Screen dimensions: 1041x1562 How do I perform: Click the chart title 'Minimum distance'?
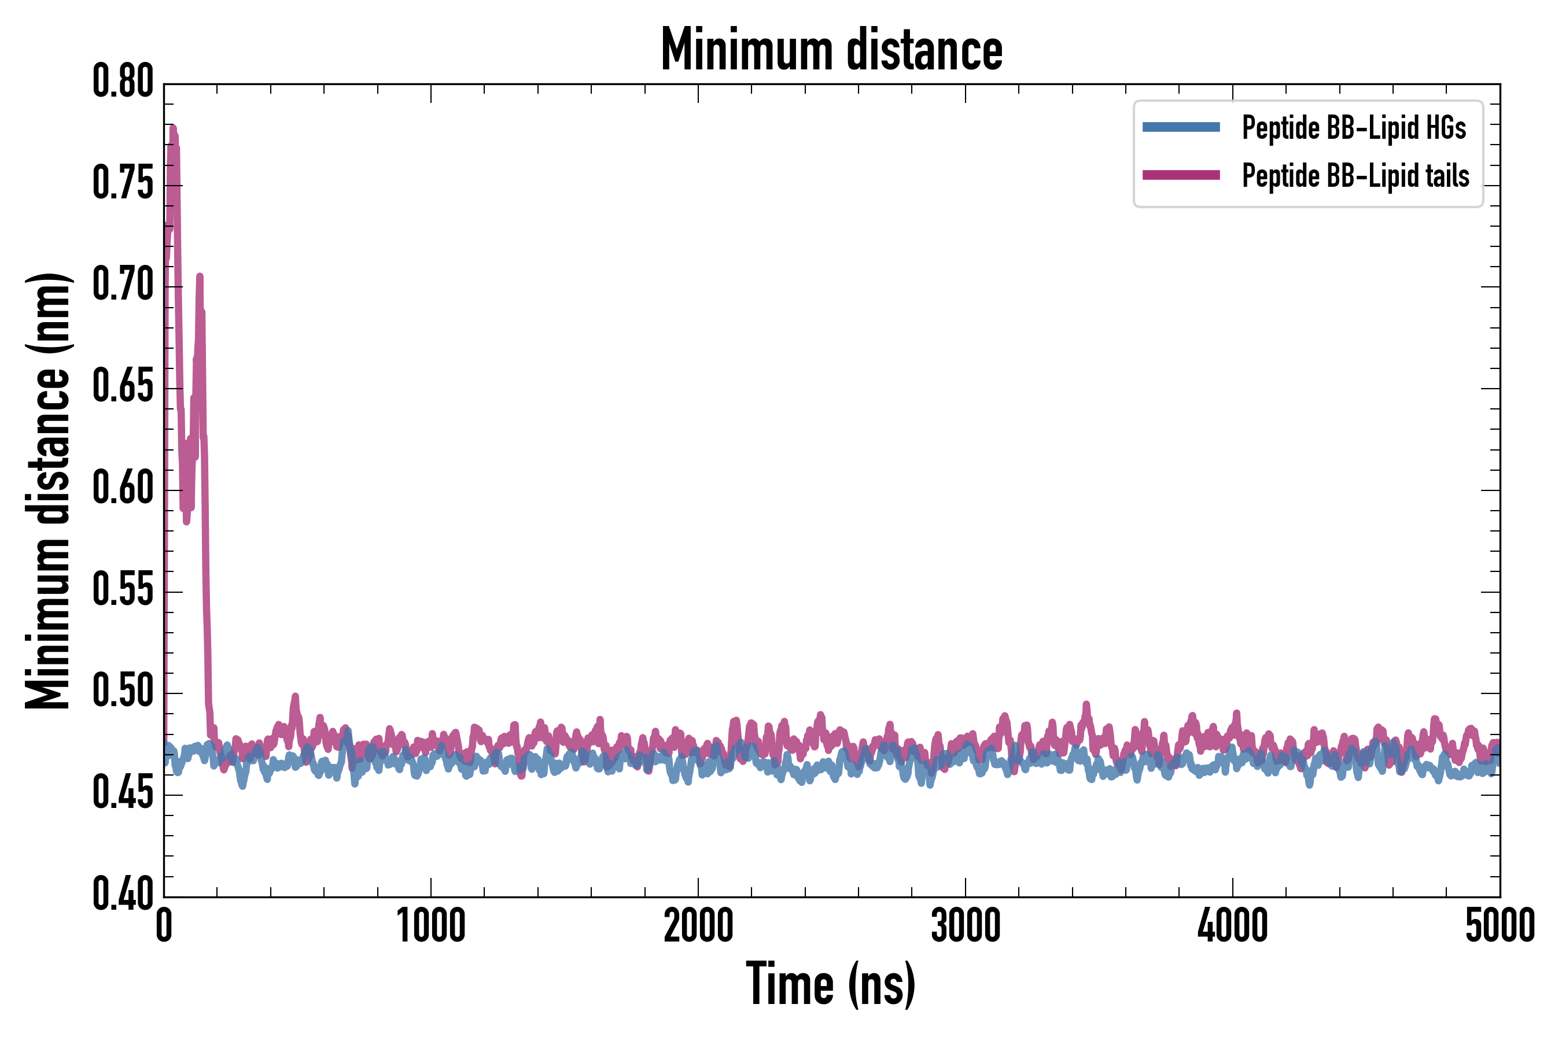[831, 50]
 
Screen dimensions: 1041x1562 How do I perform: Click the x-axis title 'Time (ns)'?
[831, 984]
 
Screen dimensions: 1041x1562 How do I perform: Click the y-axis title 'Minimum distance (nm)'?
[48, 490]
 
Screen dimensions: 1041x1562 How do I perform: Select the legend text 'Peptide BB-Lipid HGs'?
[1354, 127]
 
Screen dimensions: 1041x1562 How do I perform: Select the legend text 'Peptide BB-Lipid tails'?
[1355, 176]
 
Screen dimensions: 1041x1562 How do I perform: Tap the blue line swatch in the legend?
[1181, 127]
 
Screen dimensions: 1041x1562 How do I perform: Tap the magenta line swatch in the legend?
[1181, 175]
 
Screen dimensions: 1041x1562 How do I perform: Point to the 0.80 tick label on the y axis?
[123, 82]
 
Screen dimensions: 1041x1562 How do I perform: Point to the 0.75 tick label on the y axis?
[123, 183]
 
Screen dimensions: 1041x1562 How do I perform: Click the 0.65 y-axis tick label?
[123, 386]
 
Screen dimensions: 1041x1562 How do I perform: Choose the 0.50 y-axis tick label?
[123, 691]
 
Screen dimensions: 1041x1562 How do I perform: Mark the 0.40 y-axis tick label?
[123, 894]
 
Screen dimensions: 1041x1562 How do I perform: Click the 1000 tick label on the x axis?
[431, 926]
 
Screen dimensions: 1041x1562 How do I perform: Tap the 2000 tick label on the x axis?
[698, 926]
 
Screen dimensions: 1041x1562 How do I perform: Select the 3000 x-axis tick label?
[965, 926]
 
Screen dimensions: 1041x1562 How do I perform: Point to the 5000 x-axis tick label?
[1500, 926]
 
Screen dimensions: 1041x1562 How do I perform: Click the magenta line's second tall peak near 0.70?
[199, 276]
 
